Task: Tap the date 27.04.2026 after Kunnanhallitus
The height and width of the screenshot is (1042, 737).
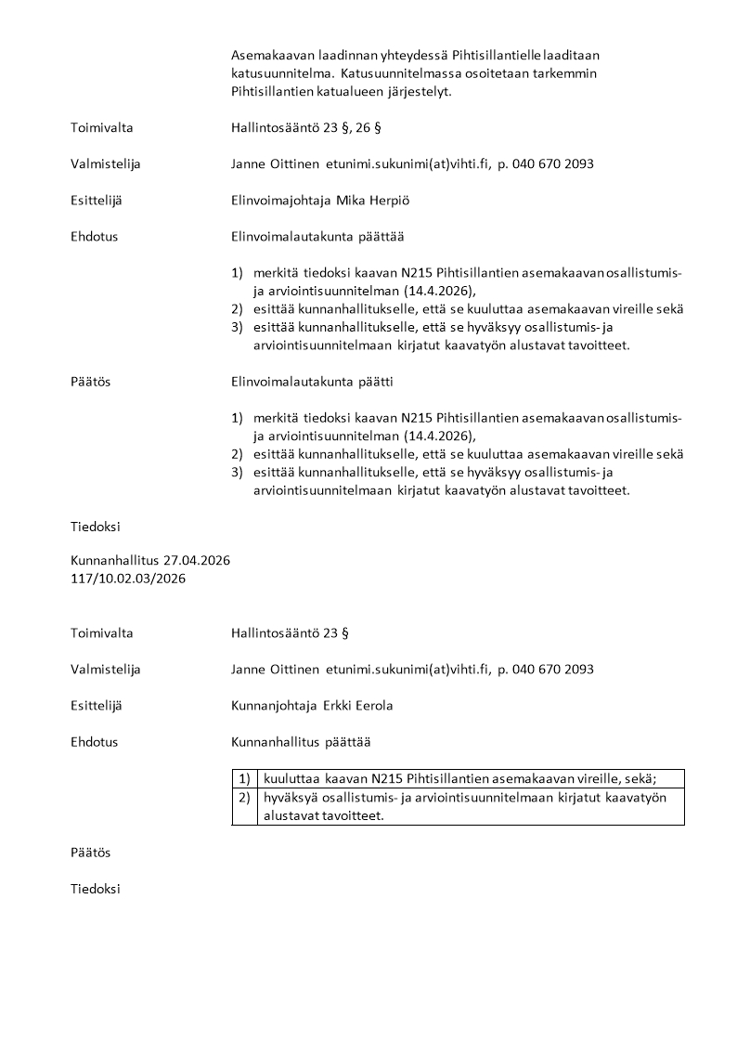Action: (197, 561)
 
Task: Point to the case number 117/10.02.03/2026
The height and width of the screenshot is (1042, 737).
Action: (128, 579)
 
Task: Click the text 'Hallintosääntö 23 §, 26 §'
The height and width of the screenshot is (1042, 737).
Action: (303, 127)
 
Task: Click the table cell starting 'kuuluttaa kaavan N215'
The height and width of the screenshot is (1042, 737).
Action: (459, 779)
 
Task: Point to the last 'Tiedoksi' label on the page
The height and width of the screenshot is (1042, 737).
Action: (96, 889)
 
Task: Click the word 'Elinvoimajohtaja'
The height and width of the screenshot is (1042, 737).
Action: (276, 200)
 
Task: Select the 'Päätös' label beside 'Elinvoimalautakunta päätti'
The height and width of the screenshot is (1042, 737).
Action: (90, 382)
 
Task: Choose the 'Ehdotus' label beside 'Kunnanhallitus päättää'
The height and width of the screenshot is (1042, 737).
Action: (94, 742)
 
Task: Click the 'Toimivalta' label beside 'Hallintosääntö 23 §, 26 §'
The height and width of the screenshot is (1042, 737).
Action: (101, 127)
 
